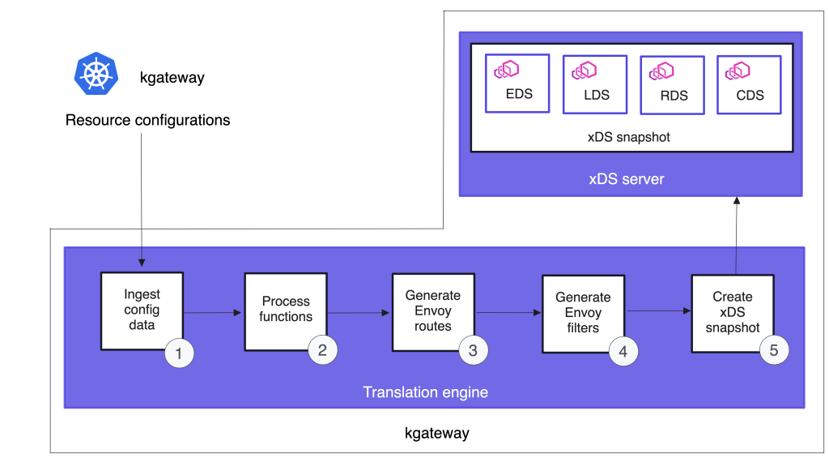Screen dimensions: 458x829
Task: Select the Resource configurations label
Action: pos(147,121)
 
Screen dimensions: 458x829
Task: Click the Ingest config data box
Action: pos(141,310)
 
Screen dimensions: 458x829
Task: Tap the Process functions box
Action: pos(285,310)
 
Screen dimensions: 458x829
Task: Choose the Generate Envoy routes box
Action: pos(432,310)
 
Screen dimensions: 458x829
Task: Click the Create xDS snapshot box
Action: pos(732,312)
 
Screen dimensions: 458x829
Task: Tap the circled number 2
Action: pos(322,350)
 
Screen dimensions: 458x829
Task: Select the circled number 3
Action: pos(473,350)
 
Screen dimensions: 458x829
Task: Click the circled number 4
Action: pos(623,352)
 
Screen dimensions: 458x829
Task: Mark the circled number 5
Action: pos(773,350)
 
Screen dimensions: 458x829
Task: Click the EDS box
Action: pos(518,83)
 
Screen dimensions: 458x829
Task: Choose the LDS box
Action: pos(595,84)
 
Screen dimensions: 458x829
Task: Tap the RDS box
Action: pos(673,85)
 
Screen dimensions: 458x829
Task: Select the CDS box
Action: pos(749,84)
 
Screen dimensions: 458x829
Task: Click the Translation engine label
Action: pos(425,392)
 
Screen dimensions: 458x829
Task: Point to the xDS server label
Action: pos(626,179)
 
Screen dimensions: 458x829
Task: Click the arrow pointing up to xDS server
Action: pos(735,235)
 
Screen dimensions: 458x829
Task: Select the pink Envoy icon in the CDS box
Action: pos(738,70)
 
